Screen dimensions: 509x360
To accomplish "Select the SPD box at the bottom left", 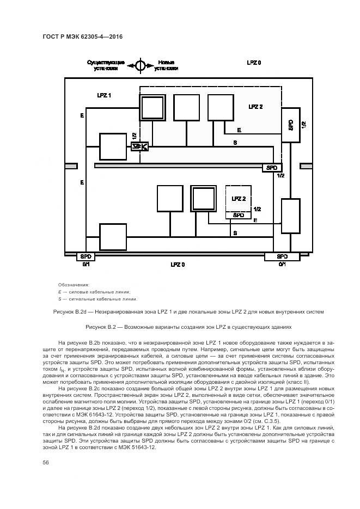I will tap(87, 256).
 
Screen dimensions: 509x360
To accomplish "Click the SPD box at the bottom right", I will tap(282, 256).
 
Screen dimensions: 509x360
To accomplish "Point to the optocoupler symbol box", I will tap(140, 146).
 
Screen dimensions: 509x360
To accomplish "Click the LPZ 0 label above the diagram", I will tap(253, 63).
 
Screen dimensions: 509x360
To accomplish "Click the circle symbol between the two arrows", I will tap(140, 65).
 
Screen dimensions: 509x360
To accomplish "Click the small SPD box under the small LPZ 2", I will tap(239, 215).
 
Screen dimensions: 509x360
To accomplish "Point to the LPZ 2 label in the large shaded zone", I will tap(255, 107).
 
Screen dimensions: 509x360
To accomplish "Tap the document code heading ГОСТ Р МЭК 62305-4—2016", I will tap(82, 36).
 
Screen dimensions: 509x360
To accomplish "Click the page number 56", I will tap(46, 462).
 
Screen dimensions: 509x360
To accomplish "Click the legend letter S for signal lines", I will tap(59, 298).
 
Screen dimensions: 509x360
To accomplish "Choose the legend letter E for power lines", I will tap(59, 292).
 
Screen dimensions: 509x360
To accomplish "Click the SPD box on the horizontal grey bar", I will tap(271, 168).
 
